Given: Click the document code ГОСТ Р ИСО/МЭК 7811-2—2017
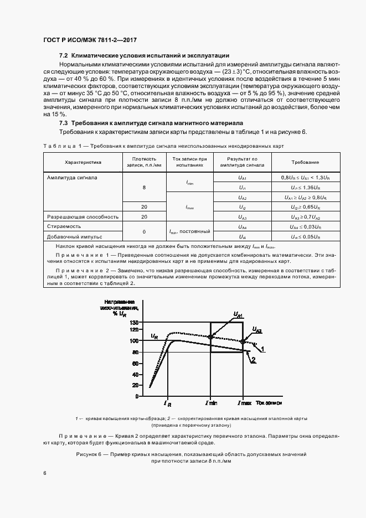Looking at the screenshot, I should point(90,40).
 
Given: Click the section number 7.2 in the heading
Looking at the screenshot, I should point(63,56).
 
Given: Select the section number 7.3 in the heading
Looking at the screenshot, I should point(63,123).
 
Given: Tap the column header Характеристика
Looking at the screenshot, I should point(83,163).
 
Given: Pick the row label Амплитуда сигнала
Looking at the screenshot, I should point(73,178).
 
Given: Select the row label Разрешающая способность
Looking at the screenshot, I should point(83,217).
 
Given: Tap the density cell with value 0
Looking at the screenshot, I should point(144,231).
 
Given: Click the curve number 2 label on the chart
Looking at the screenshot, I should point(253,360).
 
